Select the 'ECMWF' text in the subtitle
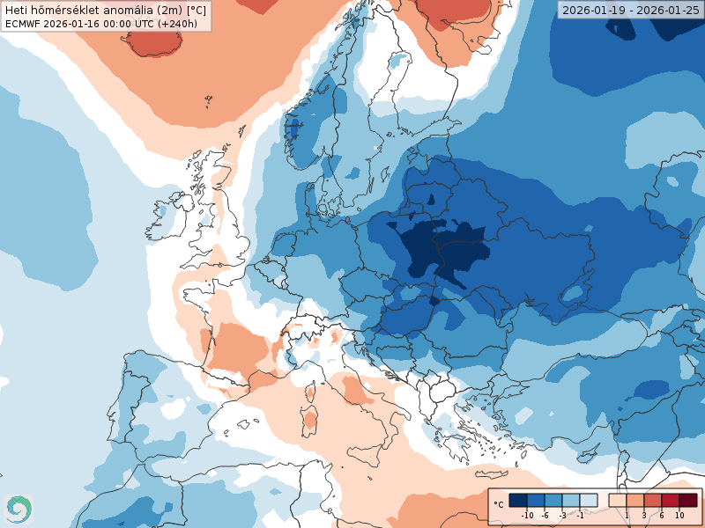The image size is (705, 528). pyautogui.click(x=22, y=24)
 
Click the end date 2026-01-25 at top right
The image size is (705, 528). pyautogui.click(x=668, y=10)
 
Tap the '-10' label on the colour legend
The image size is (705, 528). pyautogui.click(x=527, y=515)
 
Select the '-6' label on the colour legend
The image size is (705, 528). pyautogui.click(x=545, y=515)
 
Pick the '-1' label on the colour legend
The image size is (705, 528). pyautogui.click(x=580, y=515)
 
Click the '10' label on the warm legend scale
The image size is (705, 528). pyautogui.click(x=679, y=515)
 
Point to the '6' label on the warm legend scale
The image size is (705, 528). pyautogui.click(x=661, y=515)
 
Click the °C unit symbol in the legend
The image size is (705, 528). pyautogui.click(x=499, y=504)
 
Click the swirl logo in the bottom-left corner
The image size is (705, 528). pyautogui.click(x=18, y=509)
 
